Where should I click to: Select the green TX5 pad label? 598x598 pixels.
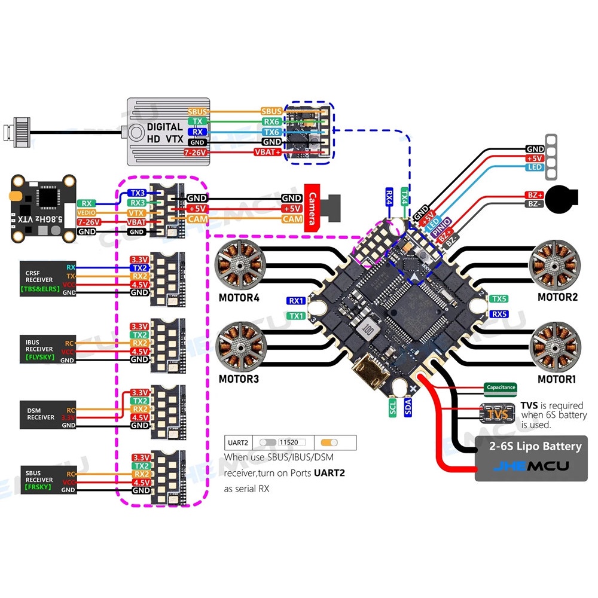pos(499,298)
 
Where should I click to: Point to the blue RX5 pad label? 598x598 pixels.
pos(499,313)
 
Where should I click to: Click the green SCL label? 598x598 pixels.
pos(393,408)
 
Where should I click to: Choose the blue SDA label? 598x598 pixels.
pos(409,408)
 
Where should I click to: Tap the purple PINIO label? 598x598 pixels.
pos(441,229)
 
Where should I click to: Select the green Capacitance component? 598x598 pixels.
pos(501,388)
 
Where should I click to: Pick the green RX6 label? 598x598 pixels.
pos(271,121)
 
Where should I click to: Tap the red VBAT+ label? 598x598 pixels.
pos(269,152)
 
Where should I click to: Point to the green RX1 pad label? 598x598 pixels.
pos(296,301)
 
